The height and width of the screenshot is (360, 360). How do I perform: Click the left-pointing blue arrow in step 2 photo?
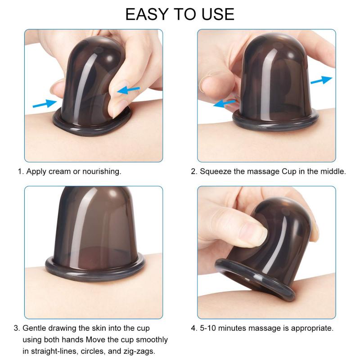[225, 104]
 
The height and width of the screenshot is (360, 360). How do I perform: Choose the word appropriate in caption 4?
[313, 328]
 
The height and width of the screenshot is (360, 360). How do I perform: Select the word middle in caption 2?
[333, 171]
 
